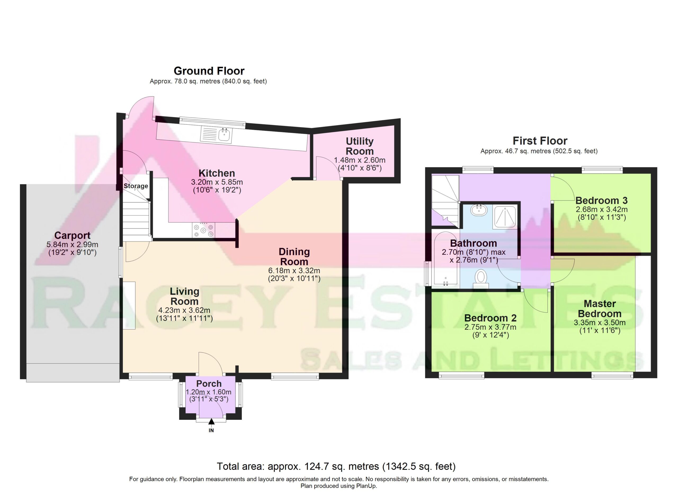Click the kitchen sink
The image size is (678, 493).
[x=216, y=135]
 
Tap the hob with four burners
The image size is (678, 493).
[x=204, y=230]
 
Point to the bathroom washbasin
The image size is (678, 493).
[x=479, y=210]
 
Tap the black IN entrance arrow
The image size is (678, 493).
[x=211, y=421]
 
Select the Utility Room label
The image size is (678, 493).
[x=360, y=146]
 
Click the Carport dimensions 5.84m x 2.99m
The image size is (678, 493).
[x=72, y=244]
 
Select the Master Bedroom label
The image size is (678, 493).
[x=600, y=309]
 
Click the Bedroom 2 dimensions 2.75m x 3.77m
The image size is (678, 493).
[x=490, y=327]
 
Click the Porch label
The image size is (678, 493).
[x=209, y=383]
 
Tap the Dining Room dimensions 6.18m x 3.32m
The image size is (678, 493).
[x=294, y=271]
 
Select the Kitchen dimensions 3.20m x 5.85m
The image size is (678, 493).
[x=217, y=182]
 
